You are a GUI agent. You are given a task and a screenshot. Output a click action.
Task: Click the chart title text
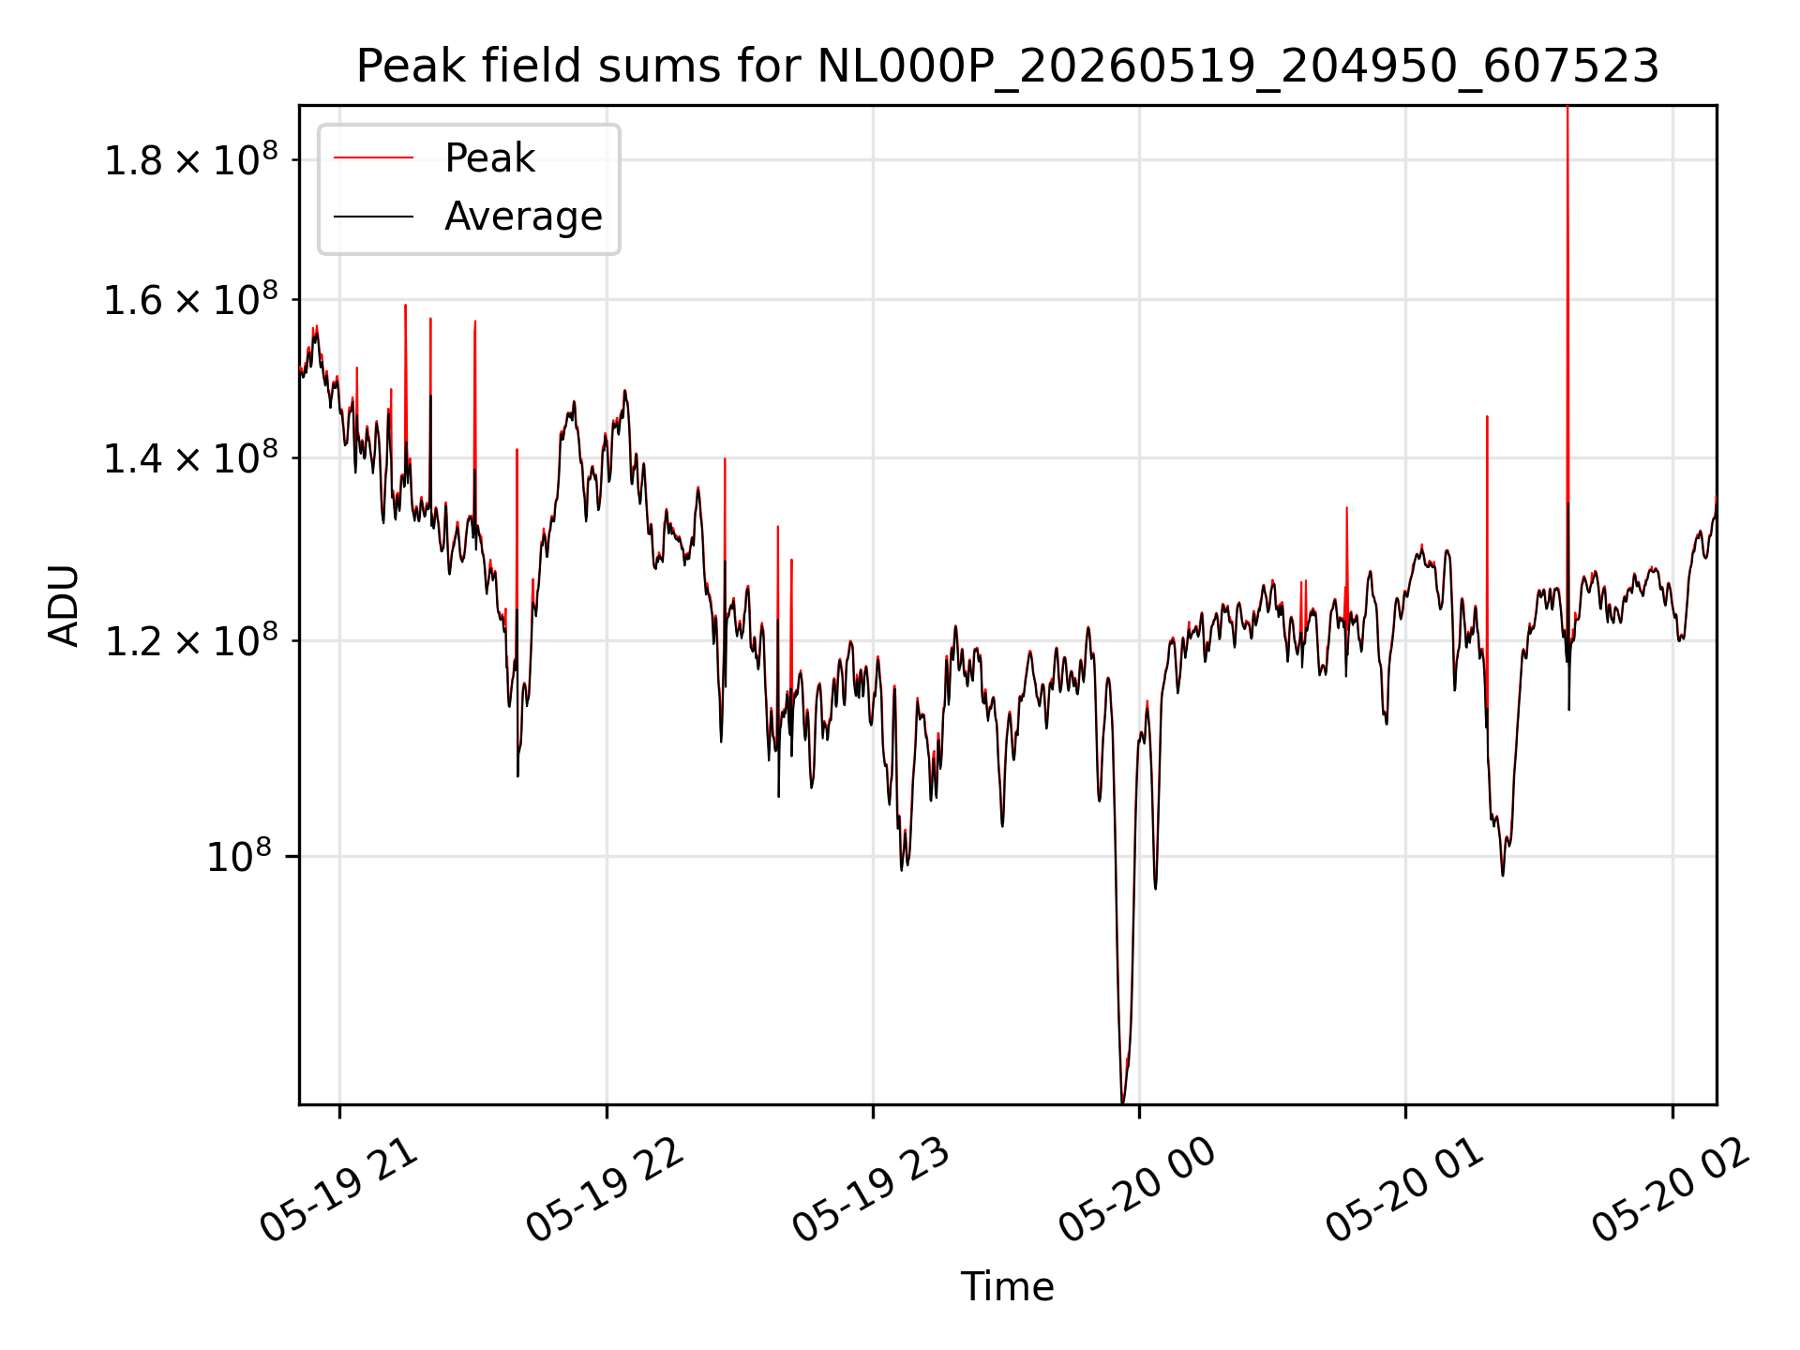[x=1008, y=67]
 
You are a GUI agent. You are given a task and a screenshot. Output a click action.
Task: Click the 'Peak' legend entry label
[x=489, y=158]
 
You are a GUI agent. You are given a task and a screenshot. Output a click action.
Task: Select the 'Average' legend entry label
[x=523, y=217]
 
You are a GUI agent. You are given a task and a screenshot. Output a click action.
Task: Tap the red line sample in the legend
[x=373, y=158]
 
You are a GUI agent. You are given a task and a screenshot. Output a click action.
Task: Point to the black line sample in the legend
[x=373, y=217]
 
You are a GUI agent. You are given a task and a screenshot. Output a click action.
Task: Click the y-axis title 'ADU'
[x=64, y=606]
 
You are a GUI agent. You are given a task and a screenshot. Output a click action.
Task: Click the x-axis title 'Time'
[x=1007, y=1287]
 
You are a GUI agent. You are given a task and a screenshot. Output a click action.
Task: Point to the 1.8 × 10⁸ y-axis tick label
[x=190, y=159]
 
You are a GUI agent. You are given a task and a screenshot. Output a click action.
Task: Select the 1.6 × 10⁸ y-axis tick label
[x=190, y=300]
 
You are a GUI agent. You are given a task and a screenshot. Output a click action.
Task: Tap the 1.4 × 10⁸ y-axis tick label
[x=190, y=457]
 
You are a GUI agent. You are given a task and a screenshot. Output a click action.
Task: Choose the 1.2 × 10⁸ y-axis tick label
[x=190, y=640]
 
